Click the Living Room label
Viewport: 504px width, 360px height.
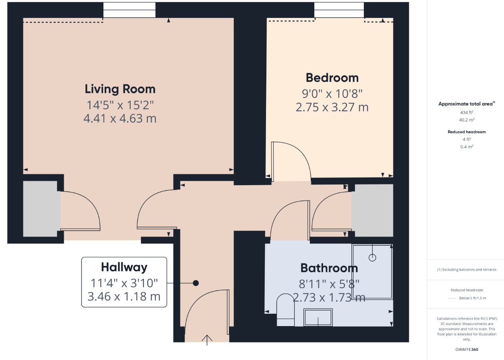[x=120, y=89]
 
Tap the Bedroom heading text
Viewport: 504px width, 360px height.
[x=332, y=78]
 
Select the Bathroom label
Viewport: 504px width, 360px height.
[x=329, y=268]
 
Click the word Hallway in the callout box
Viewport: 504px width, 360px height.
[x=124, y=267]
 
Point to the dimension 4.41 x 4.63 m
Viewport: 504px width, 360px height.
[x=120, y=119]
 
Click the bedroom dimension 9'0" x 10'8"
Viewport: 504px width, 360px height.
[x=332, y=93]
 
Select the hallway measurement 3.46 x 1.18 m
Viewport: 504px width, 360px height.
[x=124, y=297]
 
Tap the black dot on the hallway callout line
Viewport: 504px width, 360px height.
[x=196, y=283]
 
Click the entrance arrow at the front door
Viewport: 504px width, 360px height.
[x=207, y=340]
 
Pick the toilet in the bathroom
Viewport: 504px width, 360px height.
[x=285, y=310]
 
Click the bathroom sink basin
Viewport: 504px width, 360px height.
[x=318, y=317]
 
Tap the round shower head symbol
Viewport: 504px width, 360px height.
[x=372, y=257]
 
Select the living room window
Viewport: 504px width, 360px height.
[x=129, y=10]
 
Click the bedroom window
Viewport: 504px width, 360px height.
[x=339, y=10]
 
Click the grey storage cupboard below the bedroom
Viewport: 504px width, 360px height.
[x=372, y=210]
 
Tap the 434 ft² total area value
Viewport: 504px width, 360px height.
[x=466, y=112]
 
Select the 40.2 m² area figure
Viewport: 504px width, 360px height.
[x=466, y=120]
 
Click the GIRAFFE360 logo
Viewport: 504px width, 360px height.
[x=466, y=350]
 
